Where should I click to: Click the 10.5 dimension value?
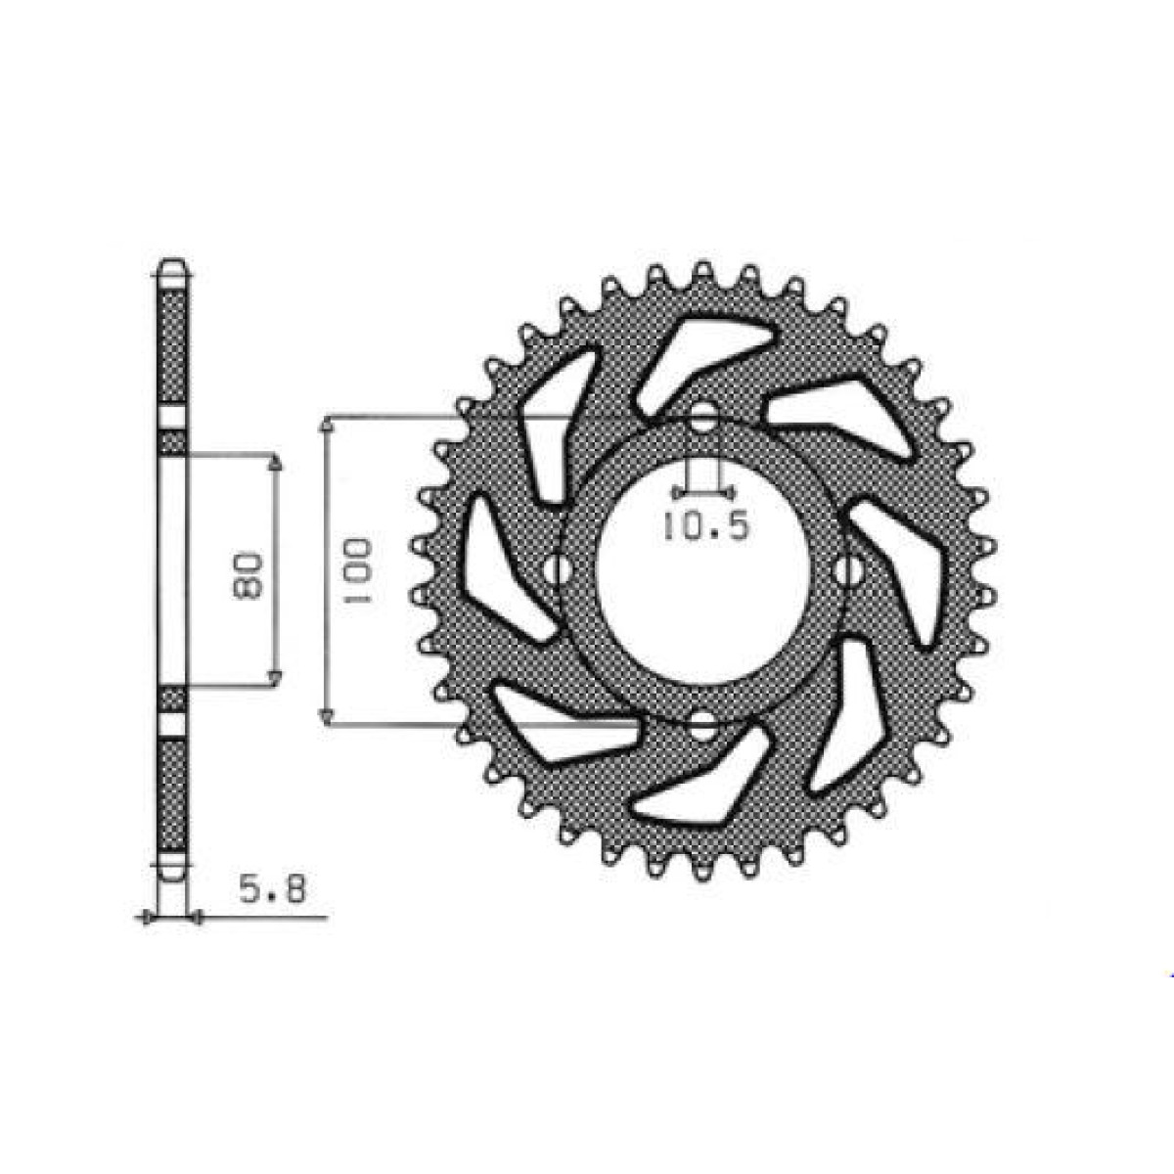pos(704,527)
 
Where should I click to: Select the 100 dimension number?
pos(357,570)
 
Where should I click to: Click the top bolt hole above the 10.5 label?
pos(703,424)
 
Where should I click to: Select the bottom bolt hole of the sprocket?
pos(702,725)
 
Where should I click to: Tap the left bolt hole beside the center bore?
pos(559,569)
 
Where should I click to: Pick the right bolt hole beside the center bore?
pos(848,570)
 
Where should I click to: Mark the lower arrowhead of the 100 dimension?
pos(329,717)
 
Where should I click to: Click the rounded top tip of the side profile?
pos(172,267)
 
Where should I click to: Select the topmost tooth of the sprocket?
pos(702,272)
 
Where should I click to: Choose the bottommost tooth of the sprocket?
pos(702,871)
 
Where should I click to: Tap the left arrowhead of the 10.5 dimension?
pos(678,489)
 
